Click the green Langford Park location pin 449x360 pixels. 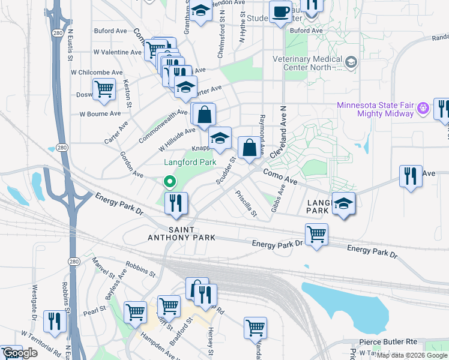170,181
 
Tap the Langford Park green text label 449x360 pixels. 190,162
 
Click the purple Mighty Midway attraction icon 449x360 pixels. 423,108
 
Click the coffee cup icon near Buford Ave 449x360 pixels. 280,11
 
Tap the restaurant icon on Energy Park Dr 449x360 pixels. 176,202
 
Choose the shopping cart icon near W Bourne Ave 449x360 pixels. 104,89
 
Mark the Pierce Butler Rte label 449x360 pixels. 390,341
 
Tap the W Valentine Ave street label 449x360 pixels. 117,52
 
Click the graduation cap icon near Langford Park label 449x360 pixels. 220,139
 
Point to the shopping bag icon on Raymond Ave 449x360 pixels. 249,147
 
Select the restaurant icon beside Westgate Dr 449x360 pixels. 55,321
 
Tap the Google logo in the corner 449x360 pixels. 20,353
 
